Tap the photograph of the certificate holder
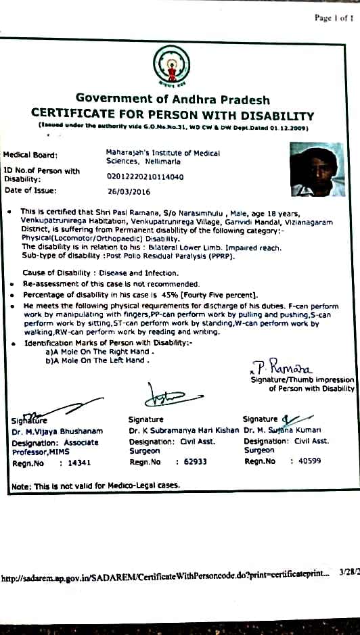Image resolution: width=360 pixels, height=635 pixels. (x=317, y=169)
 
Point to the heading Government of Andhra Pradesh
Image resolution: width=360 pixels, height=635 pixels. (x=173, y=100)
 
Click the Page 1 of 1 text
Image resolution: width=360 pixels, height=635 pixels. (x=334, y=18)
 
